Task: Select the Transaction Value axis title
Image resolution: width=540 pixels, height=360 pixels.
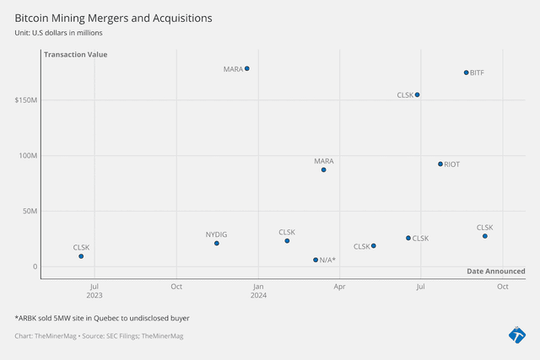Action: pos(75,55)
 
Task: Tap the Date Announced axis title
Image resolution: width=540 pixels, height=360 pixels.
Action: pos(495,271)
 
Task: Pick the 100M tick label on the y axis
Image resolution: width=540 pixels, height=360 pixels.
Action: pos(28,156)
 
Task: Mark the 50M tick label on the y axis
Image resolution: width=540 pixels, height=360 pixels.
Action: pos(30,211)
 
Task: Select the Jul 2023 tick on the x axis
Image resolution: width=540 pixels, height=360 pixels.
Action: pos(94,291)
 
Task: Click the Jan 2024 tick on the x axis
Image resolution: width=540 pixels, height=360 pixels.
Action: pos(258,291)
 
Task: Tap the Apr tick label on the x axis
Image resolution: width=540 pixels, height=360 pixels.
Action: pos(339,286)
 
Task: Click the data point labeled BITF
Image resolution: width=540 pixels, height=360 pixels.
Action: pos(466,73)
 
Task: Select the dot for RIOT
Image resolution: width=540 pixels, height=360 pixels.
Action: pos(440,164)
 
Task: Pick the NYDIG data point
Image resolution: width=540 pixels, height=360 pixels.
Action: pos(217,244)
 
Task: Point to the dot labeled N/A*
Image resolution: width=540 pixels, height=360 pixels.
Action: pos(316,260)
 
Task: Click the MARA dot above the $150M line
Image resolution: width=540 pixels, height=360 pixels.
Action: pos(246,68)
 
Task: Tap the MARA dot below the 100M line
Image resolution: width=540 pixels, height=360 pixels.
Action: pos(323,170)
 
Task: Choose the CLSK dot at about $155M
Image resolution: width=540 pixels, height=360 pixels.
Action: pos(417,94)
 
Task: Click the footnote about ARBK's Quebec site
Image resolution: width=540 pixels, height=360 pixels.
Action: pos(101,319)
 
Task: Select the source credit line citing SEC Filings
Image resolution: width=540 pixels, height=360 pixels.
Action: pos(99,336)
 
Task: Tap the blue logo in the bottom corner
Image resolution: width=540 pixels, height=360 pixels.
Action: pos(516,334)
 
